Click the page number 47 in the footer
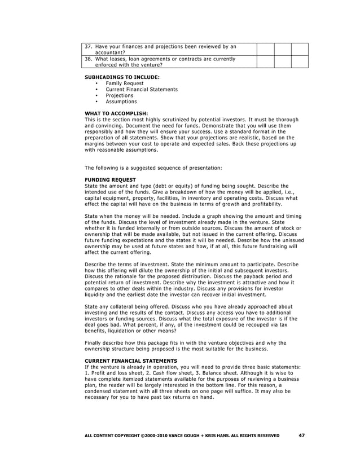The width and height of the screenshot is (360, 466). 301,435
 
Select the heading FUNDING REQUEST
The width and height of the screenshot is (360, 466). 110,180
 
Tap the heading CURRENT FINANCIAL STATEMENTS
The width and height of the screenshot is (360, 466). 130,361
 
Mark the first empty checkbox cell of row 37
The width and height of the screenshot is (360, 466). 265,49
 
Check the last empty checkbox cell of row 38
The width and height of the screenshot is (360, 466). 300,61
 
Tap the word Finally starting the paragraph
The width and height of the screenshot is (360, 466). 94,342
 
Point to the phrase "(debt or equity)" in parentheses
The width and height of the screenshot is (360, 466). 173,186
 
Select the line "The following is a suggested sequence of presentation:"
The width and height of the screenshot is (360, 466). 153,168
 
